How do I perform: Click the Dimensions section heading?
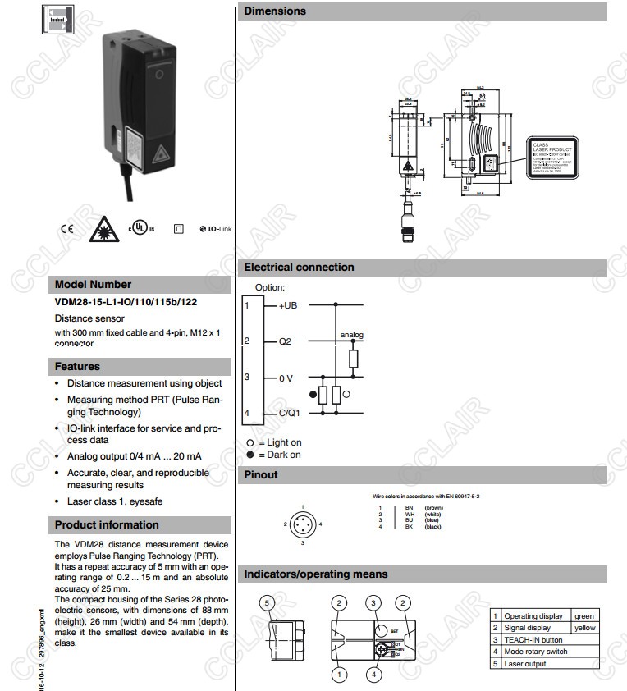click(275, 11)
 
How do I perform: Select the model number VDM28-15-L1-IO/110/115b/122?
click(126, 301)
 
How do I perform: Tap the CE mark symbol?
click(67, 228)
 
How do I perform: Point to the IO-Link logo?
click(216, 228)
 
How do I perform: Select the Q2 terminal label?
click(285, 341)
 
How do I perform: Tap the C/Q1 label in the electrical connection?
click(289, 413)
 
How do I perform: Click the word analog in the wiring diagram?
click(352, 335)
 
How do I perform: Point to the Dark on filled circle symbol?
click(251, 455)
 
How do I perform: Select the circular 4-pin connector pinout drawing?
click(303, 524)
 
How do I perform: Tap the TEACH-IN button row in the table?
click(533, 639)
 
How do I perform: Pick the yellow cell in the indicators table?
click(585, 628)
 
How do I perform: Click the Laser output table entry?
click(525, 663)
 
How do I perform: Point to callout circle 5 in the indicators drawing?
click(265, 603)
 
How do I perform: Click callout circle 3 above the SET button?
click(373, 603)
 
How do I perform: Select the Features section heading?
click(77, 367)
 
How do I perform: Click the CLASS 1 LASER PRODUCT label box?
click(551, 155)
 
